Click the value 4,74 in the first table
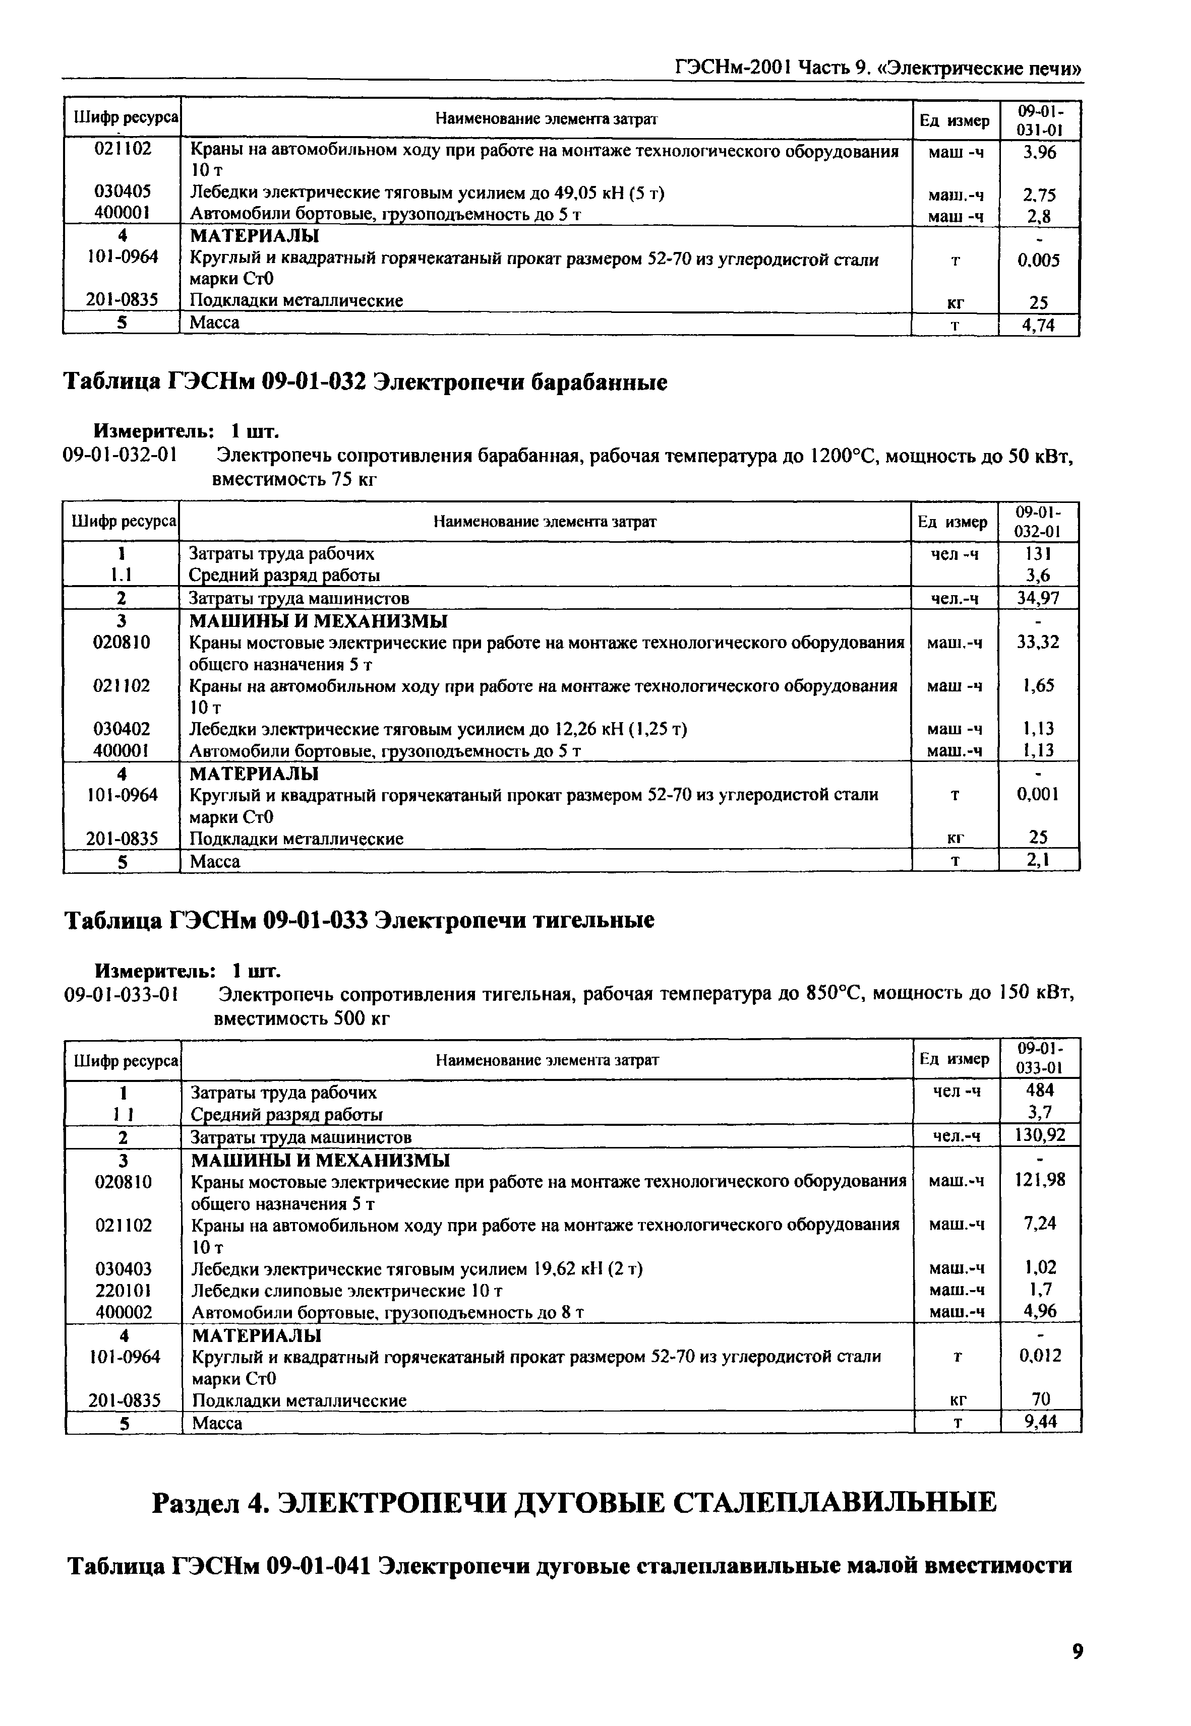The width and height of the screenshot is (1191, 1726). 1039,325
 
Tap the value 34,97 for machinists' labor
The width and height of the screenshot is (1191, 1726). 1038,598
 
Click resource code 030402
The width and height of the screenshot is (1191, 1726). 122,728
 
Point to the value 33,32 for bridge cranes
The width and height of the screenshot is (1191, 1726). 1038,642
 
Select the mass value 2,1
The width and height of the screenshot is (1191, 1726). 1038,862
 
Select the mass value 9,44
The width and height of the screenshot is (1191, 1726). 1040,1423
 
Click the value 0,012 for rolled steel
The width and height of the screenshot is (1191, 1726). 1040,1355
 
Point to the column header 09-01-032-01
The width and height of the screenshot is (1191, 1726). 1038,522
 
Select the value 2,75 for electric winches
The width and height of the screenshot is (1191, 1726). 1039,195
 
